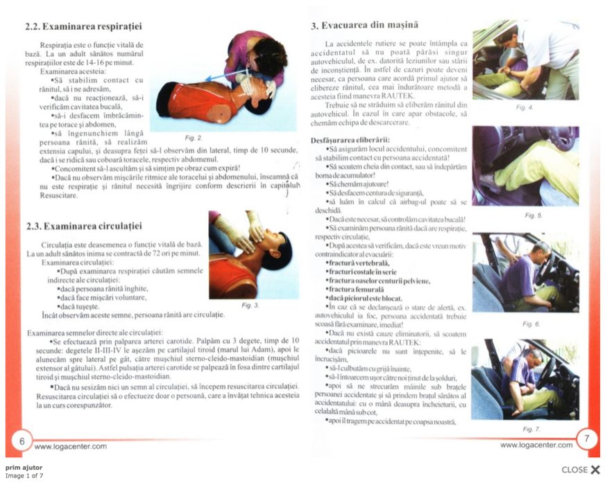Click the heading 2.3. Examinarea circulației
83,226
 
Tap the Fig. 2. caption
194,138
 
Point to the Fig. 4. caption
525,107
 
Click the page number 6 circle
22,440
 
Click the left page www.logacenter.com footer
70,447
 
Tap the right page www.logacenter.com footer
536,446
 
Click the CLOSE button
580,470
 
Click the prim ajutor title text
20,468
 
